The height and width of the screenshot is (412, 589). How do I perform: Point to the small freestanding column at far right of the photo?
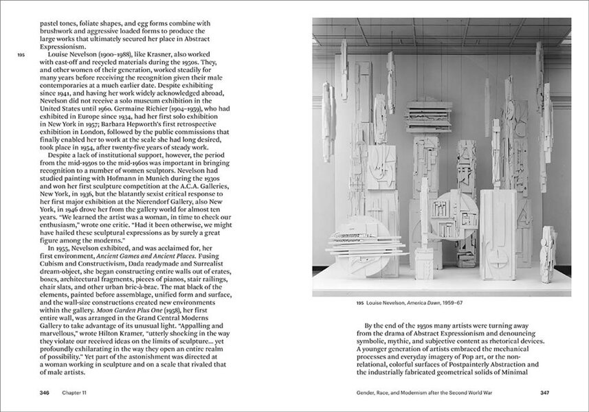pyautogui.click(x=548, y=254)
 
